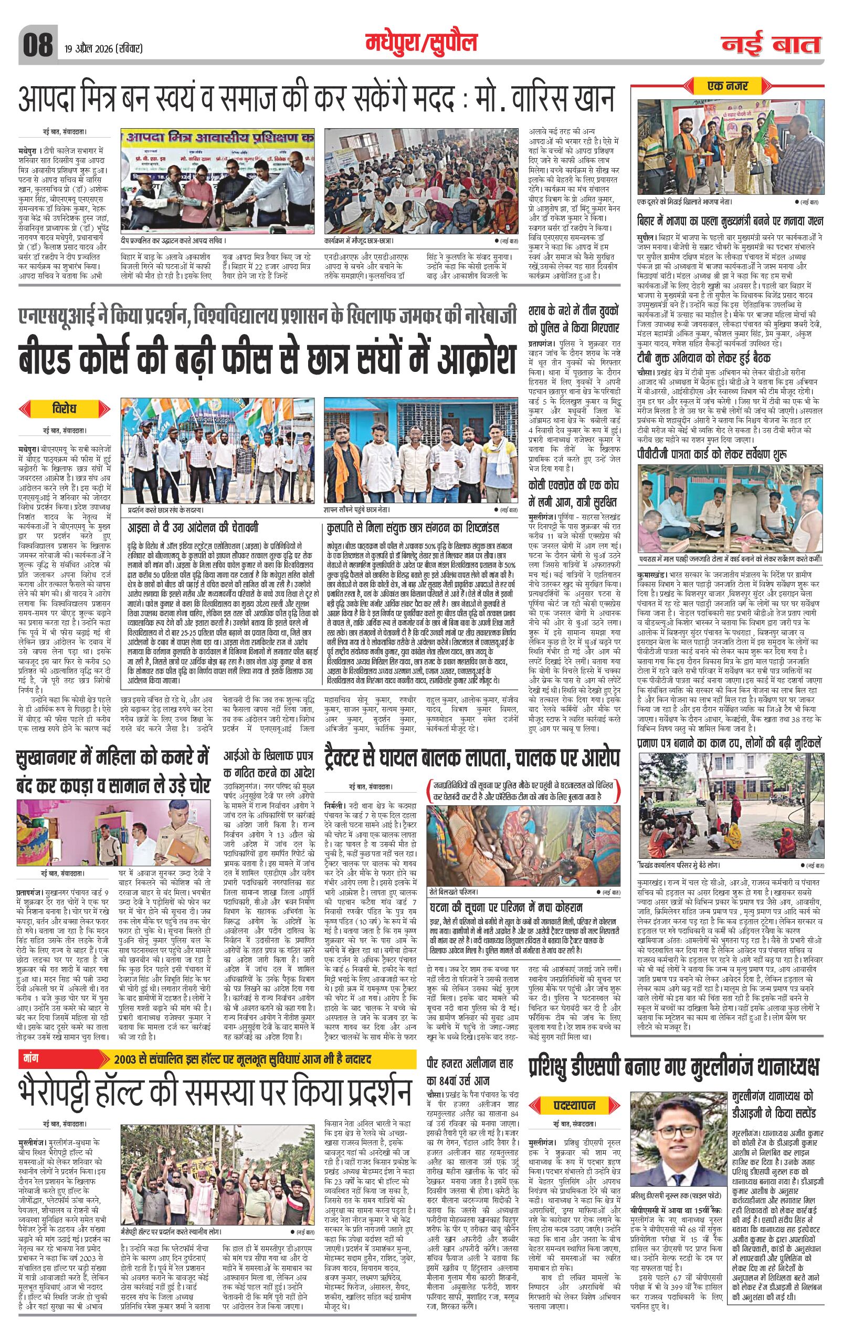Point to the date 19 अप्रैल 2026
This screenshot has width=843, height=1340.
coord(103,48)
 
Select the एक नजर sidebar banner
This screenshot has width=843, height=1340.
coord(728,86)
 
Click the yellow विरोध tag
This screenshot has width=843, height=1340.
coord(65,409)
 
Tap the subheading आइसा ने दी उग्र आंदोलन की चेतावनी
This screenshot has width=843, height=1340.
coord(193,527)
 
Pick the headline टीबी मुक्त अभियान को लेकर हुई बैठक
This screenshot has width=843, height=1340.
coord(704,358)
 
